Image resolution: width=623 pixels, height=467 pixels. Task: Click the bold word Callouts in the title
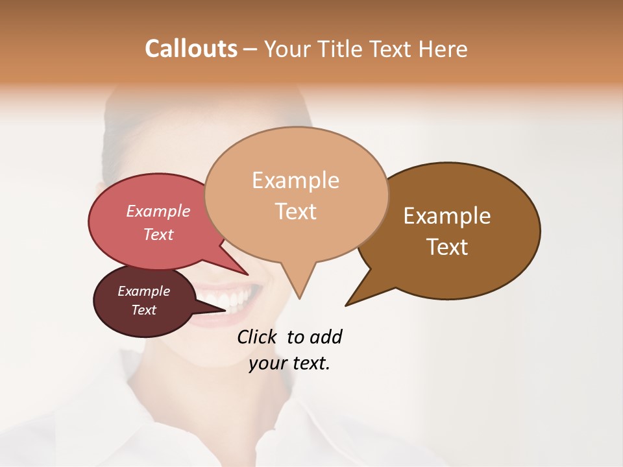pyautogui.click(x=191, y=49)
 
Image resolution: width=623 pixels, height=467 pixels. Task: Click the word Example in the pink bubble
pyautogui.click(x=158, y=211)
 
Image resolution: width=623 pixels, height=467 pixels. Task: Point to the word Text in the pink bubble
pyautogui.click(x=158, y=234)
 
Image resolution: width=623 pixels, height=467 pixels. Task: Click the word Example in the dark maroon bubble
pyautogui.click(x=143, y=291)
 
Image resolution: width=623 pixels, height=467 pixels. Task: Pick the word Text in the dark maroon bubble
pyautogui.click(x=143, y=310)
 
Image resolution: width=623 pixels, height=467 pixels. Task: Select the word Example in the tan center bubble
pyautogui.click(x=295, y=180)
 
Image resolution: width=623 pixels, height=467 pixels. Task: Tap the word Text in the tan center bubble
pyautogui.click(x=295, y=211)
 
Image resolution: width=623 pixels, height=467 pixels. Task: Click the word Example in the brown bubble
pyautogui.click(x=447, y=216)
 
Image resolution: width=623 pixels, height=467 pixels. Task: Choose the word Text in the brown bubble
pyautogui.click(x=447, y=247)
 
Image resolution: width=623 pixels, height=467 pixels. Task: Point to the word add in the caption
pyautogui.click(x=325, y=337)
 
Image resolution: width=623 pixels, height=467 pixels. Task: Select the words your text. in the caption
pyautogui.click(x=289, y=364)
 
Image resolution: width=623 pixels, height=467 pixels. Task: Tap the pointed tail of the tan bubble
pyautogui.click(x=299, y=292)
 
